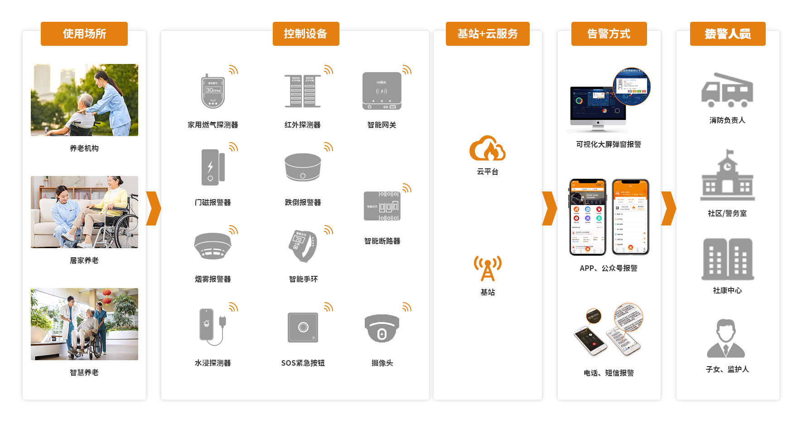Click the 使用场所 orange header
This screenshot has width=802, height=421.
(x=84, y=34)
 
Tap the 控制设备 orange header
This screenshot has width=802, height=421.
(x=306, y=34)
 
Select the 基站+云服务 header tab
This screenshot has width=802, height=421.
(x=488, y=34)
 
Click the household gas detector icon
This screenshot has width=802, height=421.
(x=213, y=91)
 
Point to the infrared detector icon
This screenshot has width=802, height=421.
(x=303, y=91)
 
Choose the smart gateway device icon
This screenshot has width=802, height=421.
(x=382, y=91)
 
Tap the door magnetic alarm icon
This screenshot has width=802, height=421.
(x=213, y=167)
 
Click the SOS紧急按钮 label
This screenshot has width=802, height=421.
(x=303, y=363)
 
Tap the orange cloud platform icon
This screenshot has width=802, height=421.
(x=487, y=148)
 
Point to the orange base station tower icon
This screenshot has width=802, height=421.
(x=488, y=268)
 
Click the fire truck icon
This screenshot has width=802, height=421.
(x=727, y=90)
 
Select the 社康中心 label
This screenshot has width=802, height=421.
(x=727, y=290)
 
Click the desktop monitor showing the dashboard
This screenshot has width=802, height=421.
(x=598, y=106)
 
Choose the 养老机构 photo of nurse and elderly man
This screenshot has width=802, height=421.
(x=84, y=100)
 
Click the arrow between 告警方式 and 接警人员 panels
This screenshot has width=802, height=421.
(x=668, y=208)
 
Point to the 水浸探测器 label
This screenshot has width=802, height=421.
(x=213, y=363)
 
